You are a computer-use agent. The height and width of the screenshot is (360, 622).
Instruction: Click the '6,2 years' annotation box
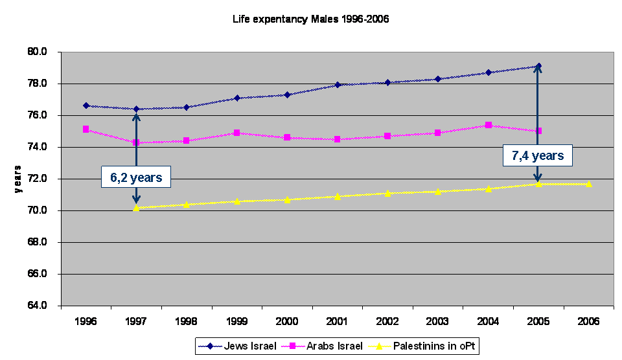point(136,177)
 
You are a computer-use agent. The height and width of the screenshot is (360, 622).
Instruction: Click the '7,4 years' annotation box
point(538,155)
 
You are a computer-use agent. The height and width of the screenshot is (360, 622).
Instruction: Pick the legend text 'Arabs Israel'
point(336,346)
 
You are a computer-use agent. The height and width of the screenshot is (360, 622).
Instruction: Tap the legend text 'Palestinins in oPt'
point(434,346)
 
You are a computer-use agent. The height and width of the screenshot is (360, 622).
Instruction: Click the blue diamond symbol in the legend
point(211,346)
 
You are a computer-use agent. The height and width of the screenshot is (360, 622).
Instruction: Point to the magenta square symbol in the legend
point(294,346)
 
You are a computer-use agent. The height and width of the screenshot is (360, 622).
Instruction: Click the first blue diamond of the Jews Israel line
point(86,106)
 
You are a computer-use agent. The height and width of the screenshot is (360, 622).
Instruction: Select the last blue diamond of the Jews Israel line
point(538,66)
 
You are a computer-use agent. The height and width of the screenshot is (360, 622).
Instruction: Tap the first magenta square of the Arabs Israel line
point(86,129)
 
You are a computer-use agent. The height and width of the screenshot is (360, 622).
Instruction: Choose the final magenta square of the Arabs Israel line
point(538,131)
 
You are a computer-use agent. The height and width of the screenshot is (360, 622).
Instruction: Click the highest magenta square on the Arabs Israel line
point(489,125)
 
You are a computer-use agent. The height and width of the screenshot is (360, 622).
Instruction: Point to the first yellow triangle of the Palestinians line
point(136,208)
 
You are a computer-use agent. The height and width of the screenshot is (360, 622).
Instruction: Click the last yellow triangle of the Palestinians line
point(588,184)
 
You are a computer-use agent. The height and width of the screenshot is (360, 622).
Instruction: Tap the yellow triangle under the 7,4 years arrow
point(538,184)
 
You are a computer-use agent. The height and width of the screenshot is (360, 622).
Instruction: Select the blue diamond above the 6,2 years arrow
point(136,109)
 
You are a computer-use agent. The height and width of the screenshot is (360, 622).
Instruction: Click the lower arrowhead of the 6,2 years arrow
point(136,200)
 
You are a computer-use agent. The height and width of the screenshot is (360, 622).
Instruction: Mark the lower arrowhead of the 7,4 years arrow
point(538,178)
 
